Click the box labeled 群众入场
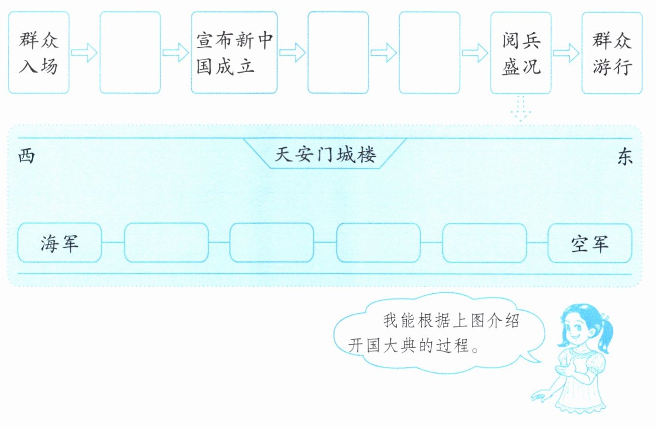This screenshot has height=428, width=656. [x=39, y=52]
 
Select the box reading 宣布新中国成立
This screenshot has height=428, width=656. [x=234, y=52]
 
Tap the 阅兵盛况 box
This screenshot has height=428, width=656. [x=521, y=52]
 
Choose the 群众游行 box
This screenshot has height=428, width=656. [x=612, y=52]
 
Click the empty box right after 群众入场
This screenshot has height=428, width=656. [x=130, y=52]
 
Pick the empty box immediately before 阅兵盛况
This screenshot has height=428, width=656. [x=429, y=52]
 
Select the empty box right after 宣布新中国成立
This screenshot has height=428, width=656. [x=338, y=52]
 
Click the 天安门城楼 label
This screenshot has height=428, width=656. [x=325, y=155]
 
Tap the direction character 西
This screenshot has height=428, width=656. [x=27, y=157]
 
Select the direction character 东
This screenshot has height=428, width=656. [x=625, y=158]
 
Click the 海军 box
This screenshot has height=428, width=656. [x=60, y=243]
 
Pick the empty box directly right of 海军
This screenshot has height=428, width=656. [x=166, y=243]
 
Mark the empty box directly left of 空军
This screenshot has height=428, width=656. [x=484, y=243]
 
